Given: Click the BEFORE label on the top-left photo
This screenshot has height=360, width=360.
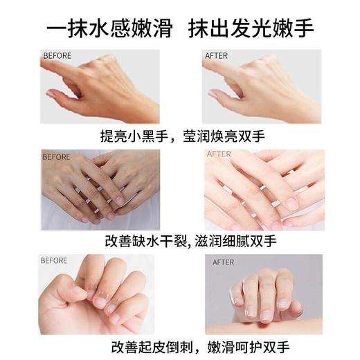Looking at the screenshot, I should coord(57,55).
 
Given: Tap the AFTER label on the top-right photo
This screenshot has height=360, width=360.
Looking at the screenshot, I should coord(216,55).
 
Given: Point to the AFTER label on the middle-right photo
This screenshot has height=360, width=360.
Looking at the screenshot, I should coord(219,154).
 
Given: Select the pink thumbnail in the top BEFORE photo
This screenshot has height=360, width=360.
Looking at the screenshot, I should coord(51,93).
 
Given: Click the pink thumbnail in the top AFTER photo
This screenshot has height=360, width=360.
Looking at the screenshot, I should coord(213,93).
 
